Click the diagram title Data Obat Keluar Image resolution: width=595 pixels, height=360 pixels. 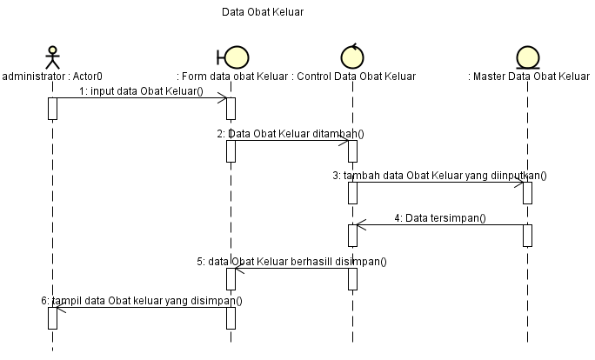pos(263,13)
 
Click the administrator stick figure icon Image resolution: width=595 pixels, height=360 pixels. pos(52,57)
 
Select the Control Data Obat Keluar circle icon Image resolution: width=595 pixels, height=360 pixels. pos(352,56)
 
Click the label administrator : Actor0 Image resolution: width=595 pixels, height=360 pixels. pos(52,77)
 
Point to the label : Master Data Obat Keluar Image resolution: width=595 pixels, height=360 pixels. pos(529,77)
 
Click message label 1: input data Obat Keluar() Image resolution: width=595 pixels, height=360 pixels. pos(140,90)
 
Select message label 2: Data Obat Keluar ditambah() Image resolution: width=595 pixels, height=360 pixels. pos(291,133)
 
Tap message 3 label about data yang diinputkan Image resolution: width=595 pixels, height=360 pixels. pos(439,175)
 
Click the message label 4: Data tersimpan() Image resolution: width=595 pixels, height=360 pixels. pos(440,218)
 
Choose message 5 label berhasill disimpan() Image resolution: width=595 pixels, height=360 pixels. pos(291,261)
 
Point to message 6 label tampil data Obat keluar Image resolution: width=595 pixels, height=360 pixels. pos(142,300)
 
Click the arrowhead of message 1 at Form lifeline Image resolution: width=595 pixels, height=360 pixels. pos(224,98)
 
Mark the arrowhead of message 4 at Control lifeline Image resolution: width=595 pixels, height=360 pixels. pos(360,225)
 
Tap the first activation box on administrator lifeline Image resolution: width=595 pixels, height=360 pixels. pos(52,108)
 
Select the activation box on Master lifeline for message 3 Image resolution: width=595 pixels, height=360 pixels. pos(527,193)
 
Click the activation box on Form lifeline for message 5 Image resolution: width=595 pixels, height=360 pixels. pos(231,278)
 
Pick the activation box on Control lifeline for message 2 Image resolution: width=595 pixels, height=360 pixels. pos(352,150)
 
